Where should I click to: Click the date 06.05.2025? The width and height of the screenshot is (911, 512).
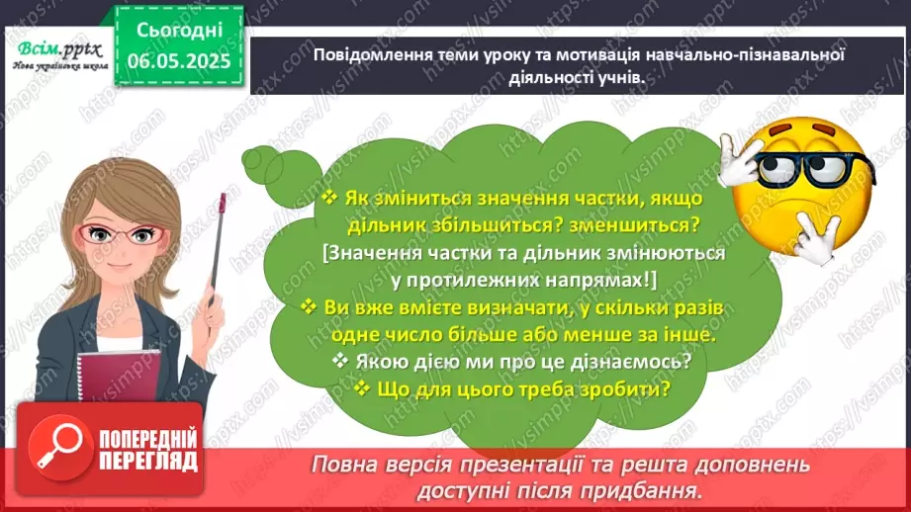tap(177, 62)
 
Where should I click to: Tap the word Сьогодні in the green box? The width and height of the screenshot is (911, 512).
tap(177, 31)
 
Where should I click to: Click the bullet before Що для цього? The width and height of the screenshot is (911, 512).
tap(362, 388)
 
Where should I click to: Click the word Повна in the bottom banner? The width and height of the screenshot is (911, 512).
tap(345, 464)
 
